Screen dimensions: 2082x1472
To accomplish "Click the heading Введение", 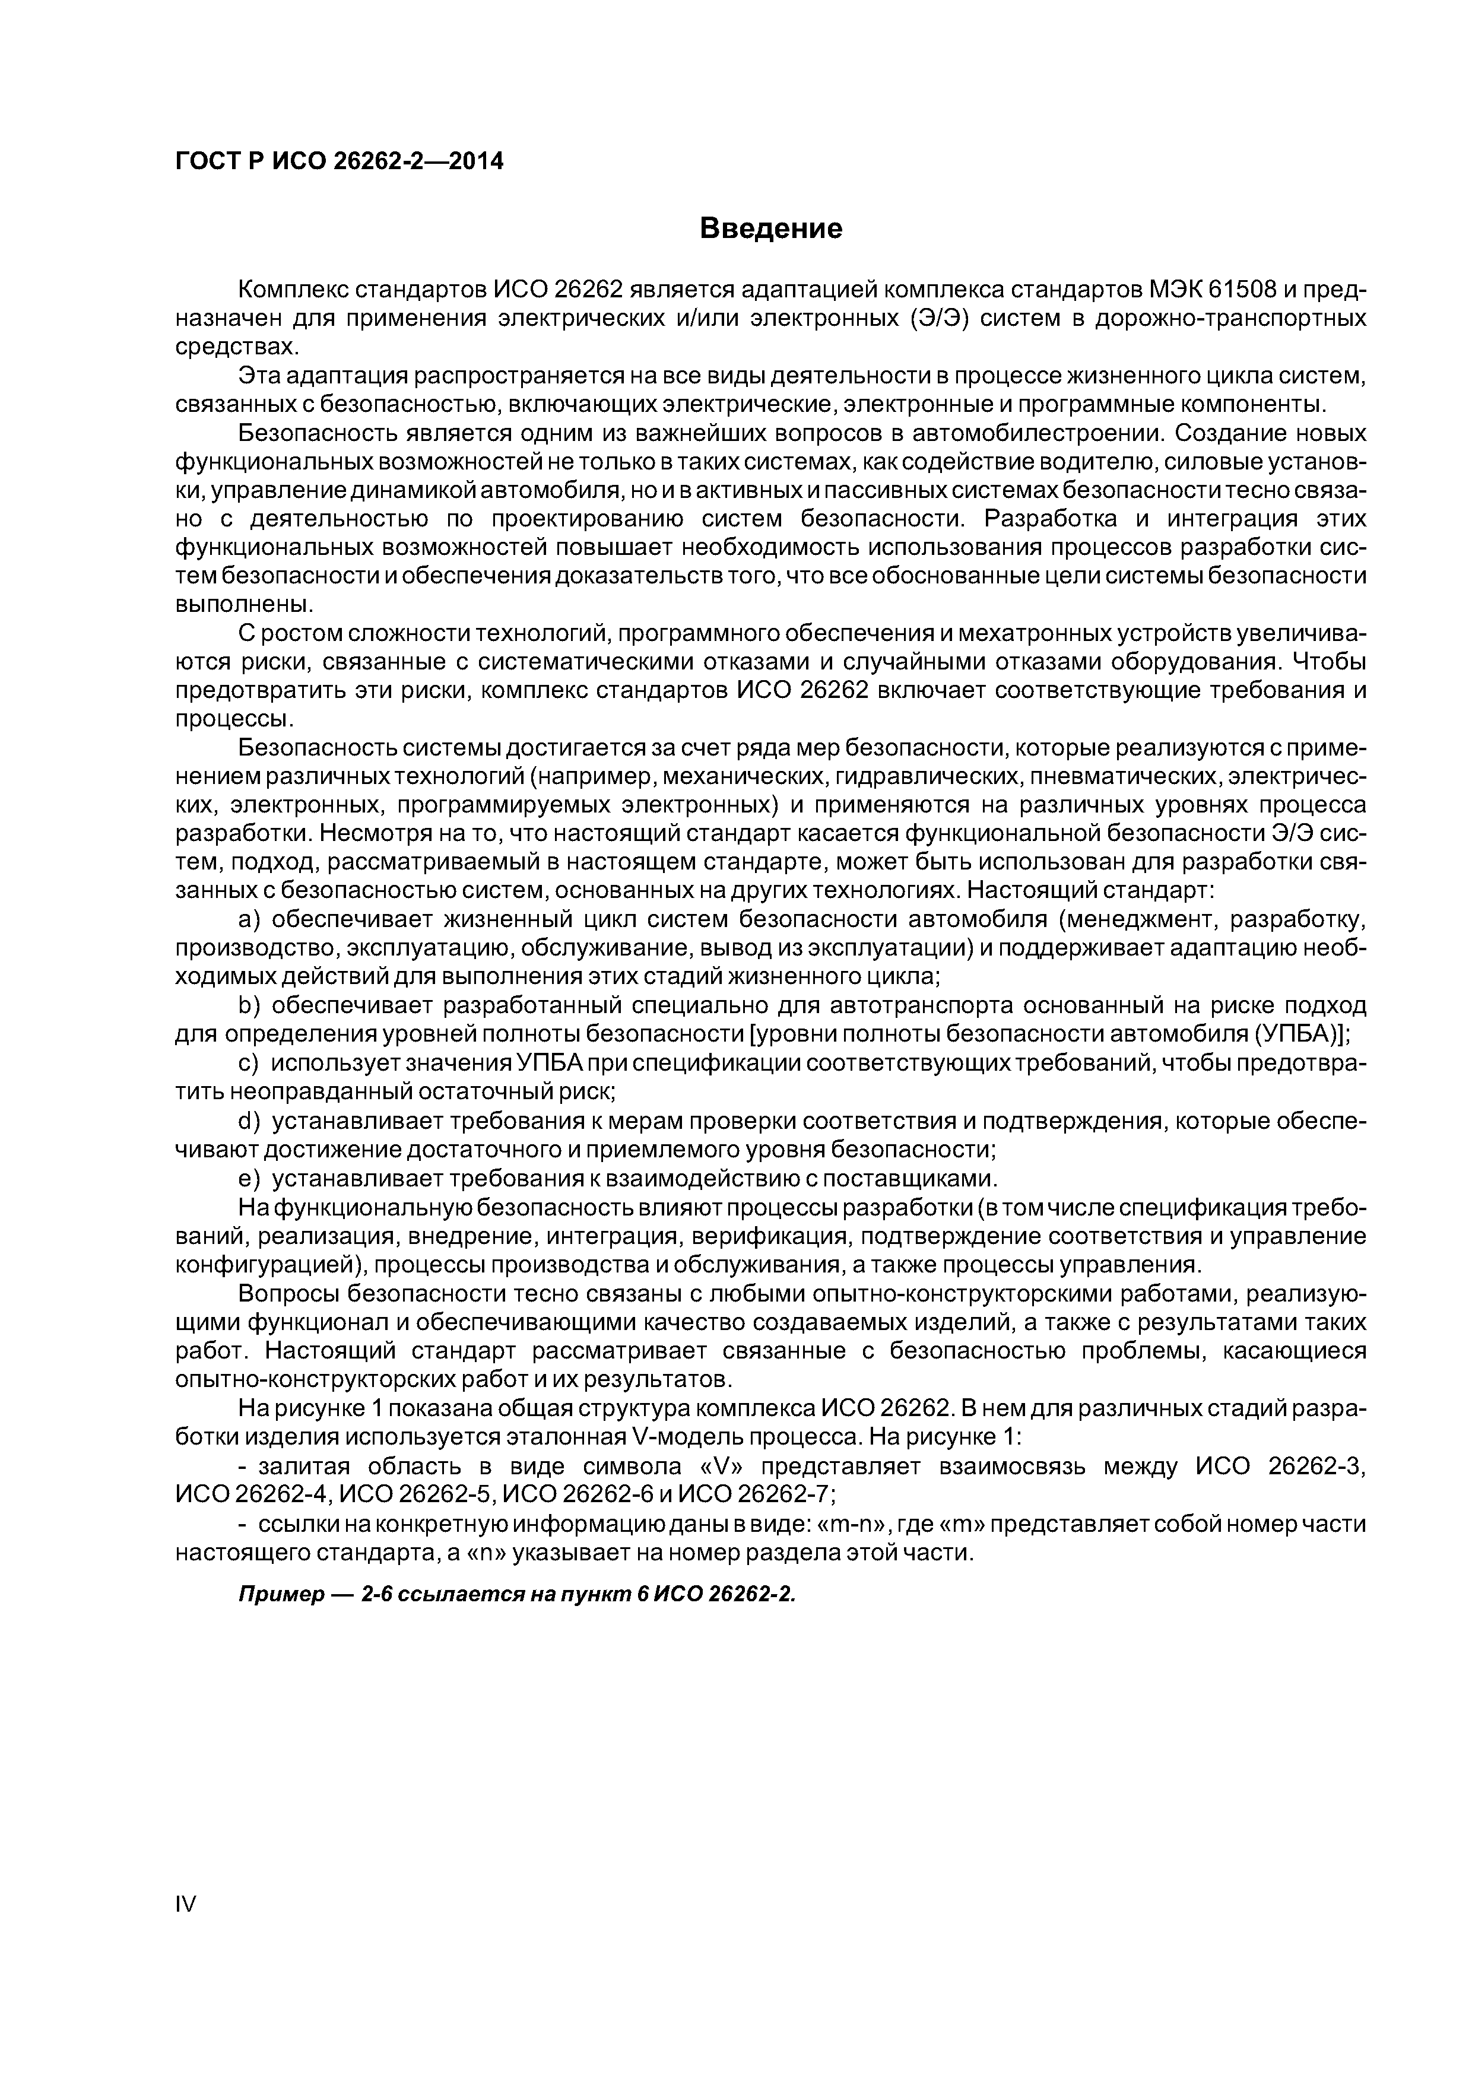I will pyautogui.click(x=771, y=228).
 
